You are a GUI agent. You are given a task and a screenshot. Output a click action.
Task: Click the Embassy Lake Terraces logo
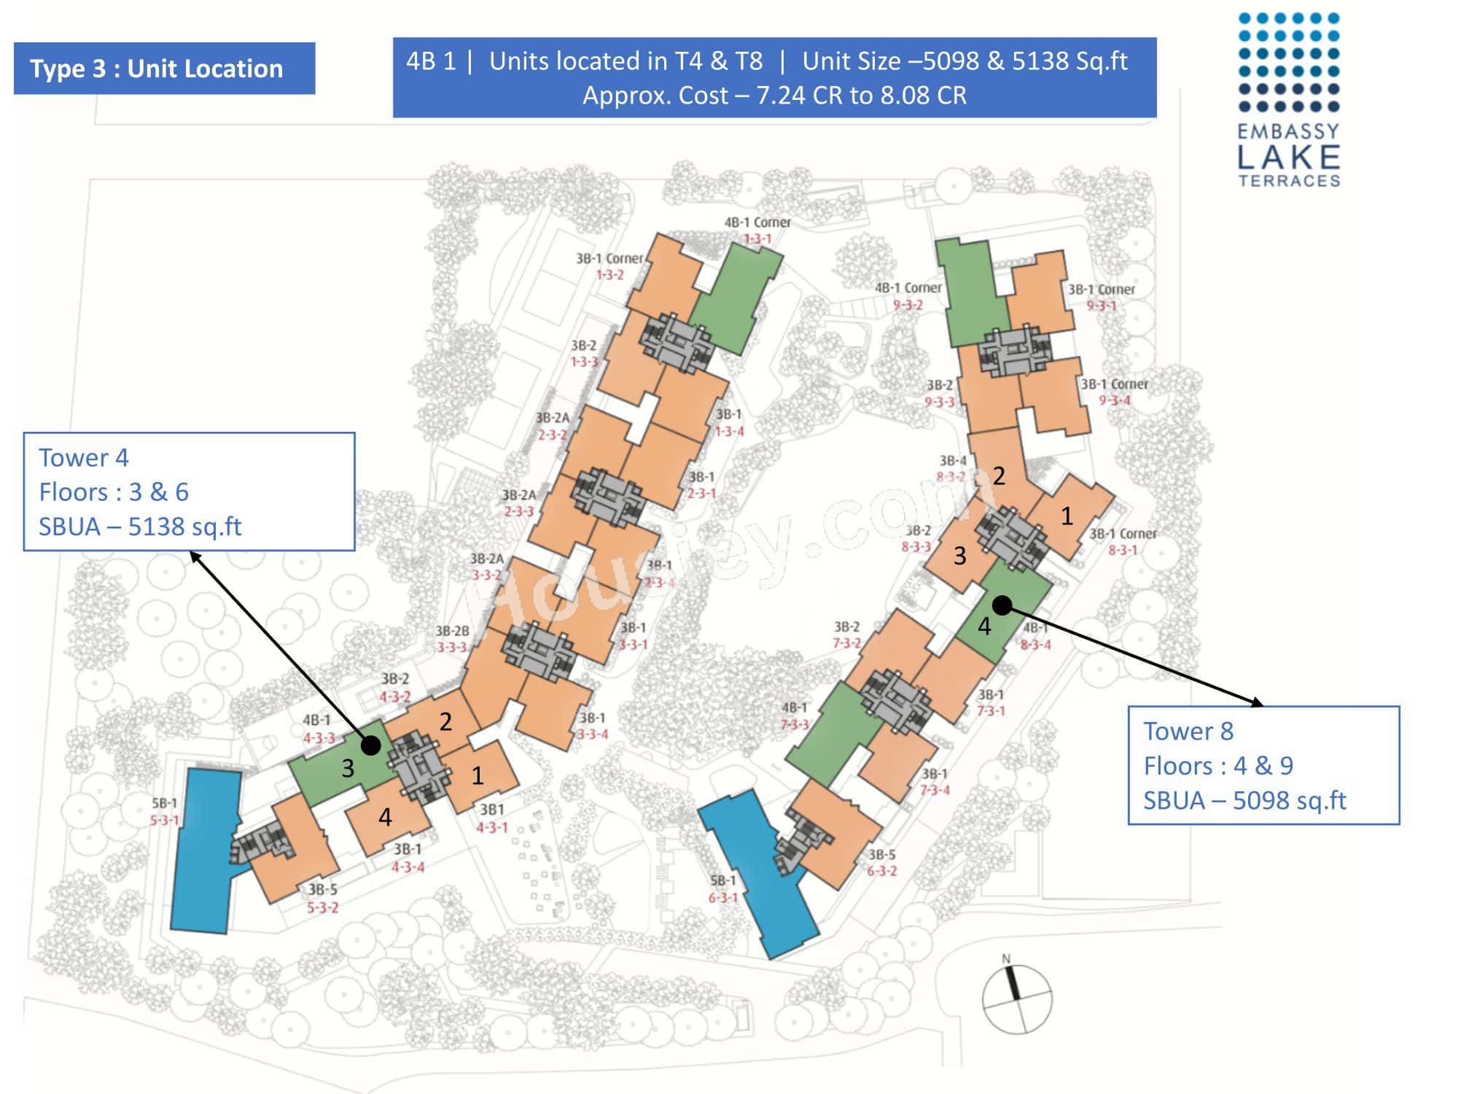(x=1289, y=100)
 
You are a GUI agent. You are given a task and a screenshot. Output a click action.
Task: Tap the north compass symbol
(x=1017, y=998)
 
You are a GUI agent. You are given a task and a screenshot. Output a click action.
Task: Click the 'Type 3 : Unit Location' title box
(x=164, y=69)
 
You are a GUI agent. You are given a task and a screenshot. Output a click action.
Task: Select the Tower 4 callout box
(x=189, y=492)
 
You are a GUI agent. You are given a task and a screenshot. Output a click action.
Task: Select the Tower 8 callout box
(x=1263, y=765)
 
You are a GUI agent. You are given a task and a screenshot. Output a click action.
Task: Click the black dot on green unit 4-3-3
(x=371, y=745)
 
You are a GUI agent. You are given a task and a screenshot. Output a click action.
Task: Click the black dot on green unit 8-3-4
(x=1002, y=605)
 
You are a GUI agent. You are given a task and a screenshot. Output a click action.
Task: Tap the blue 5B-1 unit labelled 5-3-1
(x=205, y=850)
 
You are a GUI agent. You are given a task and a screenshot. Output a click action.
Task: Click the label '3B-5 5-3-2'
(x=322, y=899)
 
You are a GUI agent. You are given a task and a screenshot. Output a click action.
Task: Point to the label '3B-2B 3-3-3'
(x=452, y=639)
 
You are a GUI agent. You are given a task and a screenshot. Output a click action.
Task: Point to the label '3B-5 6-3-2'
(x=882, y=862)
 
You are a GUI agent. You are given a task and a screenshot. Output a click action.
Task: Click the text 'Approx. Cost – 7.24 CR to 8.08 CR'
(x=774, y=96)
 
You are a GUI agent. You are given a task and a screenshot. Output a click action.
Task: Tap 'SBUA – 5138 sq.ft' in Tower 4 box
(x=140, y=527)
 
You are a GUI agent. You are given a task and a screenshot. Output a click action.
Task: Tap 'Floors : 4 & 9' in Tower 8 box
(x=1218, y=766)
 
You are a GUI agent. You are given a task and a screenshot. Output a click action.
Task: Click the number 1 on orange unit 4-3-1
(x=477, y=775)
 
